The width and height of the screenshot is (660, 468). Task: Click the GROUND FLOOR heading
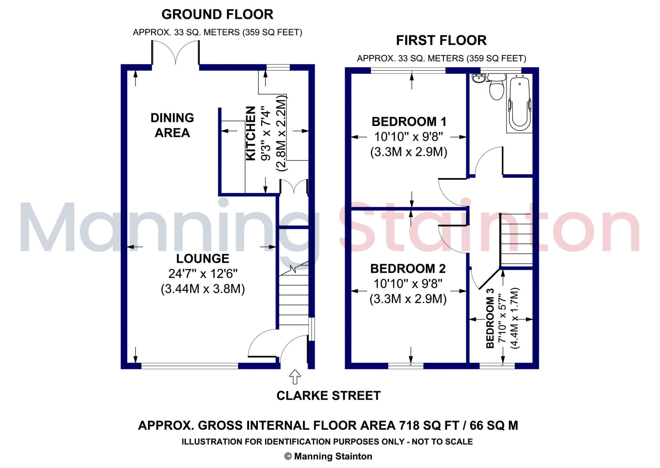217,15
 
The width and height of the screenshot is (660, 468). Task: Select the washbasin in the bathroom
479,78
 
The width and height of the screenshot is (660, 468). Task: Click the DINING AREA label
172,125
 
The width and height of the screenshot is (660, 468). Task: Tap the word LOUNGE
202,259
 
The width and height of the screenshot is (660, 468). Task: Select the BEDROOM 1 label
409,122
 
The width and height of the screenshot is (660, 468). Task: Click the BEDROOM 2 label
408,269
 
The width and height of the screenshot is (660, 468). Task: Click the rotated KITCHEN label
251,133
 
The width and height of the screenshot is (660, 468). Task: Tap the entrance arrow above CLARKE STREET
295,377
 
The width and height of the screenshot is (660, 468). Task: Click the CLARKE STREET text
328,396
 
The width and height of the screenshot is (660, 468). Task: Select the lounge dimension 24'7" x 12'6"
203,274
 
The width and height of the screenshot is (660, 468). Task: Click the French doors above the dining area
176,53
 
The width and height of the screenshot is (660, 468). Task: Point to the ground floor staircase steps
293,299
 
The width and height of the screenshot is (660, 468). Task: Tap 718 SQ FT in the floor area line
429,426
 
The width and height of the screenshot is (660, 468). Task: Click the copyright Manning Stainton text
328,456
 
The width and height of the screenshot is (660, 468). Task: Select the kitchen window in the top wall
278,68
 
